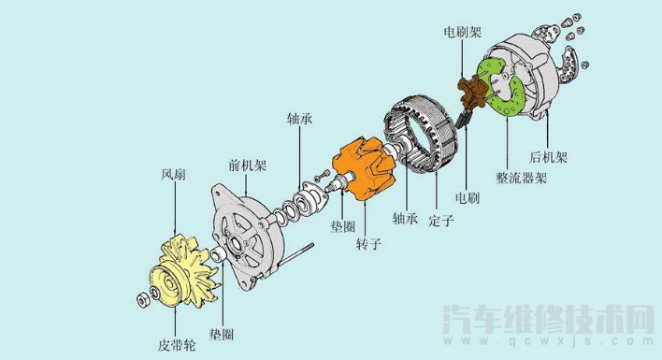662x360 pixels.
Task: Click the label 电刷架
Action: (x=463, y=32)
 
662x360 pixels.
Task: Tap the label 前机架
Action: (x=248, y=165)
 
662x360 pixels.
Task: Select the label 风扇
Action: (x=173, y=174)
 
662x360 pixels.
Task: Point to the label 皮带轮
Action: (x=177, y=345)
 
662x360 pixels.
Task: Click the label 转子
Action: (x=368, y=243)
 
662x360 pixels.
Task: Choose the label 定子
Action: (x=441, y=220)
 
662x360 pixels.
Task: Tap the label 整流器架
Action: (x=522, y=178)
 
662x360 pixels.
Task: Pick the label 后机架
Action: (x=549, y=157)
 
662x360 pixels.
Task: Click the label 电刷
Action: (x=468, y=197)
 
